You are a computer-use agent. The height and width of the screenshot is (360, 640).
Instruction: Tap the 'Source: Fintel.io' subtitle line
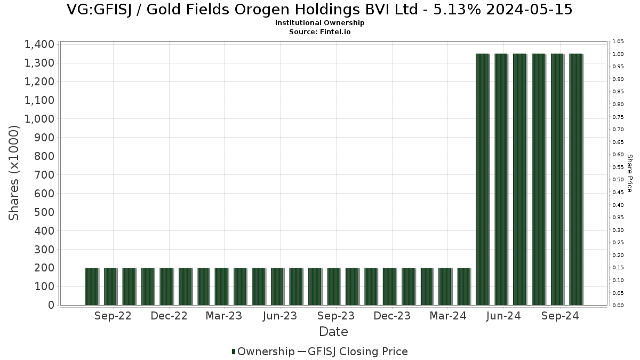pyautogui.click(x=319, y=31)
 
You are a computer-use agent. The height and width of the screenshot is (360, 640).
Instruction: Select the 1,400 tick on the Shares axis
pyautogui.click(x=39, y=44)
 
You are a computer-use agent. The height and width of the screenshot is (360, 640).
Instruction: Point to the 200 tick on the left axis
pyautogui.click(x=45, y=268)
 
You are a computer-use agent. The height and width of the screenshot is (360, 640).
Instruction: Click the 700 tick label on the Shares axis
pyautogui.click(x=45, y=174)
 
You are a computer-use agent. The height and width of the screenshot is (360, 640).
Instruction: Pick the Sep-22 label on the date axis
pyautogui.click(x=113, y=316)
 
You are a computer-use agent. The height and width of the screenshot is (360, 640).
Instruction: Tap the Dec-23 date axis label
pyautogui.click(x=392, y=316)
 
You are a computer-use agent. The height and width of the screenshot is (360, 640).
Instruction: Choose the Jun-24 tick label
pyautogui.click(x=503, y=316)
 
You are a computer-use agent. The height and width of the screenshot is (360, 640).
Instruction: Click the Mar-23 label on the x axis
pyautogui.click(x=223, y=316)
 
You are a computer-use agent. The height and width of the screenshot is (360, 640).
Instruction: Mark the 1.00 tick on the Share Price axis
pyautogui.click(x=618, y=54)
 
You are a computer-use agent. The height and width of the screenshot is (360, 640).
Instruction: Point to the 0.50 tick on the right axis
pyautogui.click(x=618, y=180)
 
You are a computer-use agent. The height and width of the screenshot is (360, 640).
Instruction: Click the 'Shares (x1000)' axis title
pyautogui.click(x=14, y=172)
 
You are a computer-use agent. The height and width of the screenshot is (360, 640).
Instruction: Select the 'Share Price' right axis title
pyautogui.click(x=629, y=173)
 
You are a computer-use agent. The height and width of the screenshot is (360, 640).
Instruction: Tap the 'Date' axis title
pyautogui.click(x=333, y=332)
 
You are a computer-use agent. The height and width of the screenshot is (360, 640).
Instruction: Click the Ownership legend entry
pyautogui.click(x=263, y=351)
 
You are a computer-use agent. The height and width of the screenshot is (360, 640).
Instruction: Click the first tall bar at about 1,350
pyautogui.click(x=482, y=179)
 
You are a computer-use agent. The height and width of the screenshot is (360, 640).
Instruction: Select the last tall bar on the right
pyautogui.click(x=575, y=179)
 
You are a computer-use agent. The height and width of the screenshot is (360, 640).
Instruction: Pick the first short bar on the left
pyautogui.click(x=92, y=286)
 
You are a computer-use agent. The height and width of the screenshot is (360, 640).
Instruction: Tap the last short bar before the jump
pyautogui.click(x=463, y=286)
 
